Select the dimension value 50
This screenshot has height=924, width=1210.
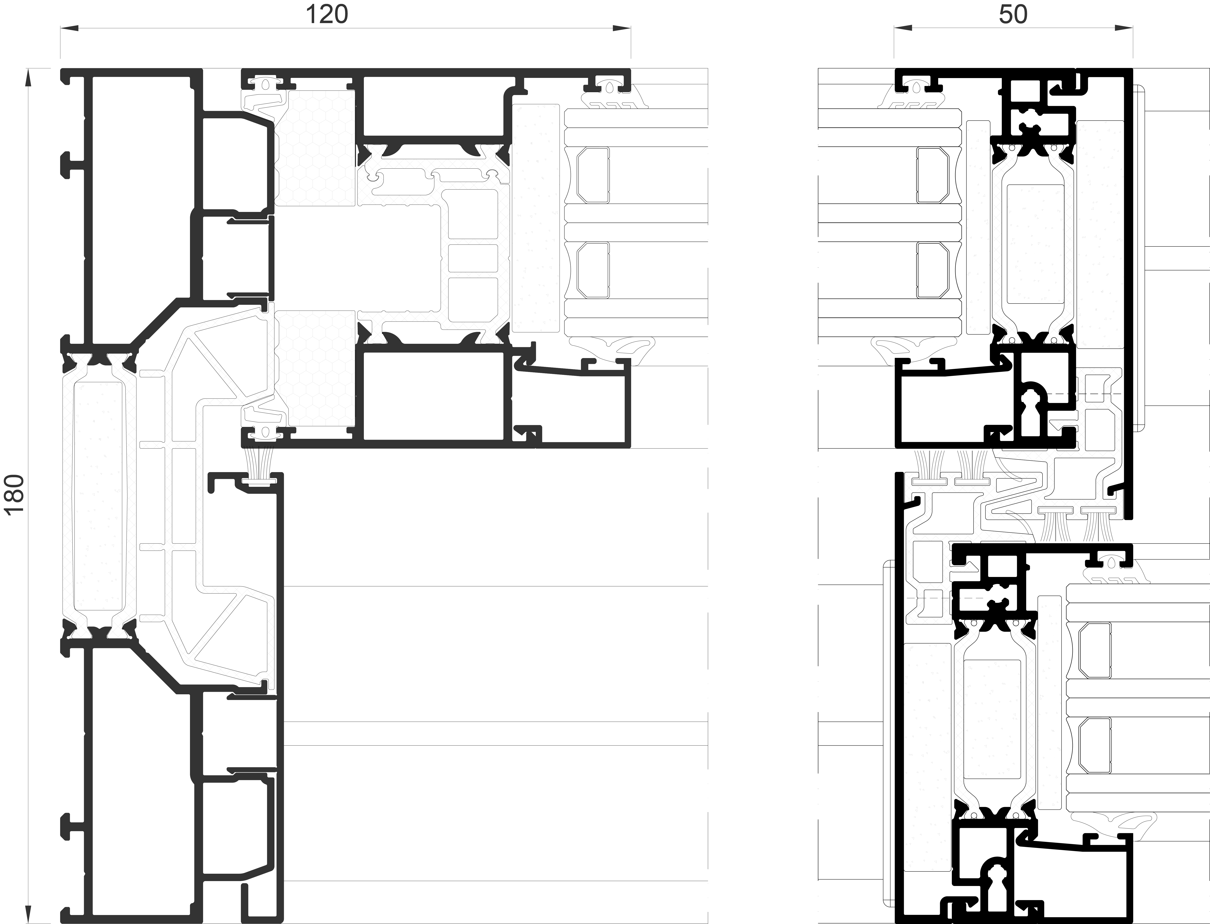[x=1013, y=15]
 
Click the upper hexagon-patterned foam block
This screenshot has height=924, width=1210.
[x=315, y=146]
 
